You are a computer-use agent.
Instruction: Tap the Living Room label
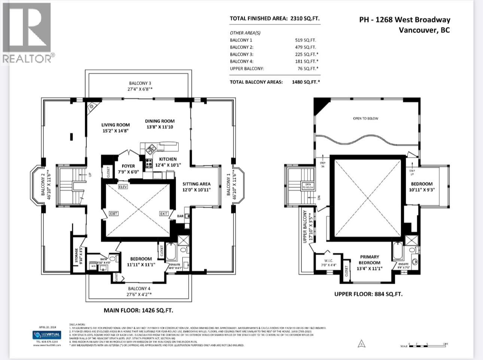pos(115,128)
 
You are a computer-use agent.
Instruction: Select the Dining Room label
pos(160,124)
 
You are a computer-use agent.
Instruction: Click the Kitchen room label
pos(167,162)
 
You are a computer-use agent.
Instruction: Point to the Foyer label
pos(128,169)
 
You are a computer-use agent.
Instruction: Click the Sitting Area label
pos(197,187)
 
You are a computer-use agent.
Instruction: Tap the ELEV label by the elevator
pos(123,187)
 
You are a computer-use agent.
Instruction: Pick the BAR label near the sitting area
pos(180,216)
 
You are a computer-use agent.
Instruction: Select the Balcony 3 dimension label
pos(140,86)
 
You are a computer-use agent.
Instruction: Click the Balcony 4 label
pos(139,291)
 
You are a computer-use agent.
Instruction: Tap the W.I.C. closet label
pos(328,262)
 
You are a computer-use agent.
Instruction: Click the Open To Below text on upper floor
pos(365,118)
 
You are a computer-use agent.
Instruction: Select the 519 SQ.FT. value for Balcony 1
pos(306,40)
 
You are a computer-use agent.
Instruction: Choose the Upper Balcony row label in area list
pos(247,68)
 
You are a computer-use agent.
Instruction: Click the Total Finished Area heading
pos(274,18)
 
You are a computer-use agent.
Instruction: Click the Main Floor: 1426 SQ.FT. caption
pos(138,310)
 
